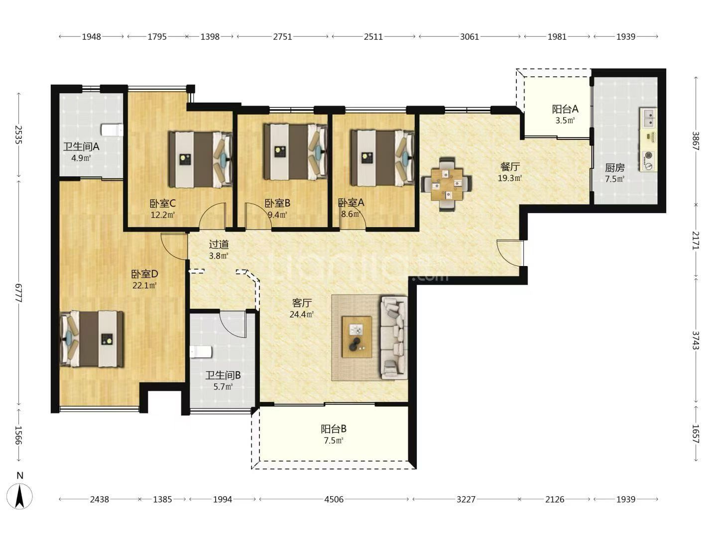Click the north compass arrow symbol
coord(19,496)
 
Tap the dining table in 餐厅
coord(447,184)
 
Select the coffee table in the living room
coord(357,336)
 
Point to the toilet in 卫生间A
coord(112,130)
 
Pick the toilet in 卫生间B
coord(201,352)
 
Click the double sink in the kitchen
coord(648,118)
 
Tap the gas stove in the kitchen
coord(648,161)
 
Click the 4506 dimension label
coord(334,499)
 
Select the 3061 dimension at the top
coord(470,36)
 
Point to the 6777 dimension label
coord(18,293)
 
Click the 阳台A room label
coord(565,109)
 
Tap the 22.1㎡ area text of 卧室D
coord(144,285)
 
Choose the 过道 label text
coord(219,244)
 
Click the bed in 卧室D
coord(92,339)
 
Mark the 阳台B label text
coord(334,428)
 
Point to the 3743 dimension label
coord(696,340)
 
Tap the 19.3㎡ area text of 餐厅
coord(509,178)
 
